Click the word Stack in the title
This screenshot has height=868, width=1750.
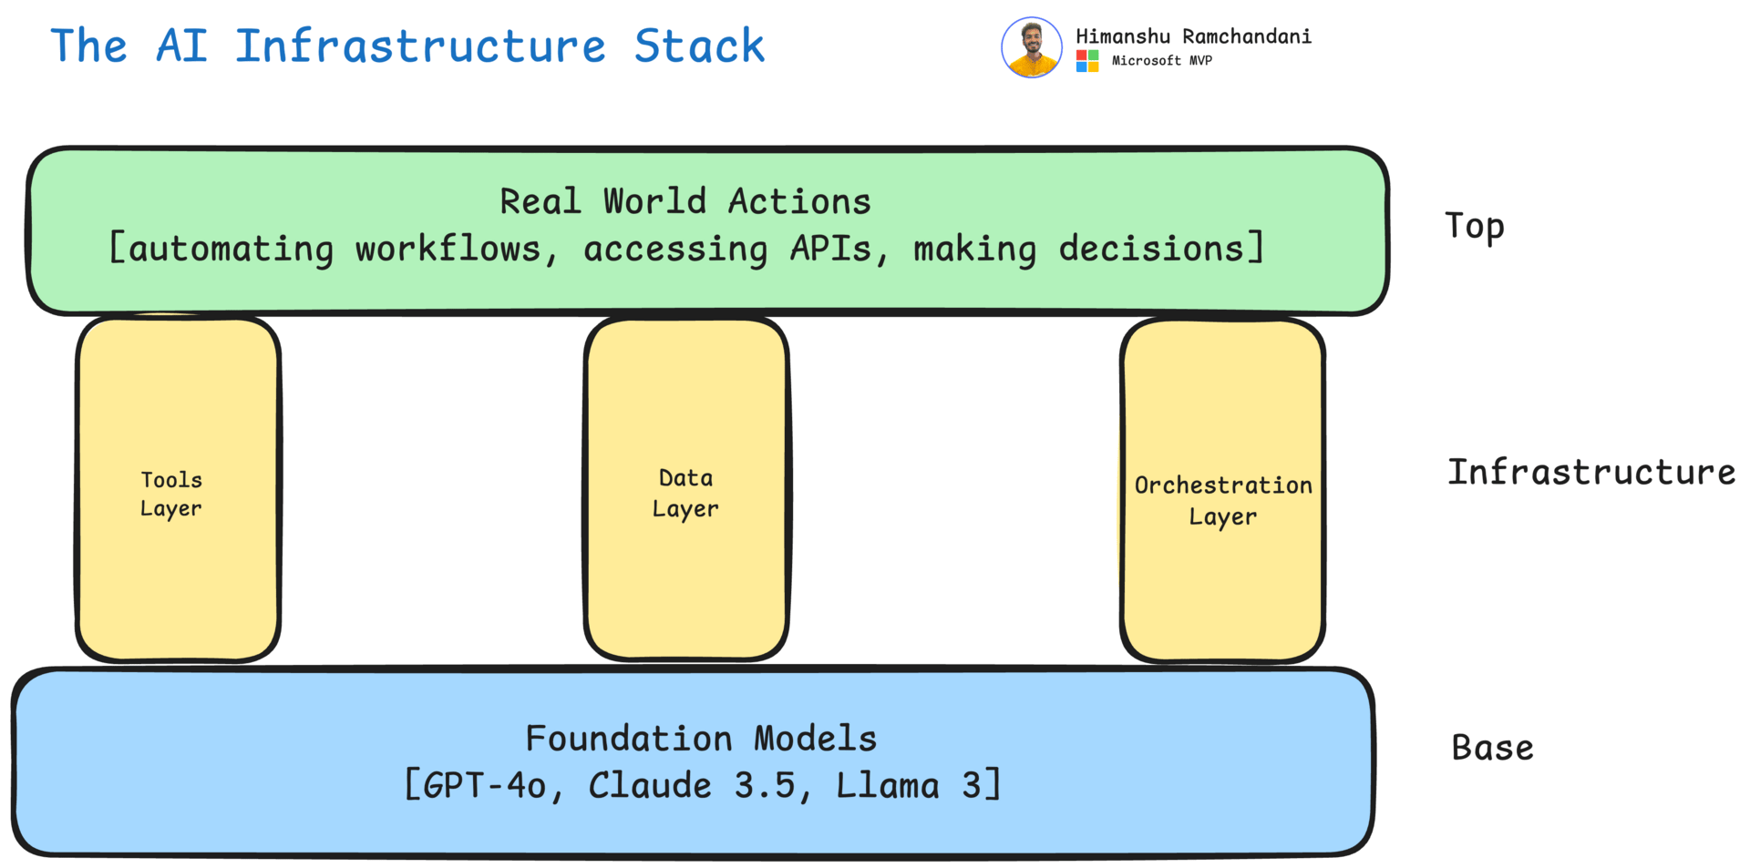click(x=699, y=46)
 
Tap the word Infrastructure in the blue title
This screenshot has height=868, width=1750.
click(x=420, y=46)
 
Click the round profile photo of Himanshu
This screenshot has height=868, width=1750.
click(x=1032, y=47)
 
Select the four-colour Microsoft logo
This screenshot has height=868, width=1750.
click(x=1087, y=61)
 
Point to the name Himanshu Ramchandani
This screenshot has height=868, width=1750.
click(x=1193, y=36)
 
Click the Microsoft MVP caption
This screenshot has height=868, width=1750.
click(x=1162, y=61)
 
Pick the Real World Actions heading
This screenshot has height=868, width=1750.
click(x=685, y=201)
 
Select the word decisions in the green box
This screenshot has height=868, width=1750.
click(x=1151, y=249)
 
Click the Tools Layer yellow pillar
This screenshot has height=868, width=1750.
click(x=178, y=488)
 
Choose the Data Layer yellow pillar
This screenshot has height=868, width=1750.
click(x=686, y=488)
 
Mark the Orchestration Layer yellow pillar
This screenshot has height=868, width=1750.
click(x=1222, y=490)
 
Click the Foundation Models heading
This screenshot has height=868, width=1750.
click(x=701, y=738)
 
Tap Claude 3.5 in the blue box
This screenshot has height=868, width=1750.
click(x=692, y=785)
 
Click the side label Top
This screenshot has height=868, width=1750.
click(x=1475, y=226)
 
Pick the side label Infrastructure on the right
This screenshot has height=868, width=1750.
click(x=1591, y=472)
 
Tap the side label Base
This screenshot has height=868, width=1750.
click(x=1493, y=748)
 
